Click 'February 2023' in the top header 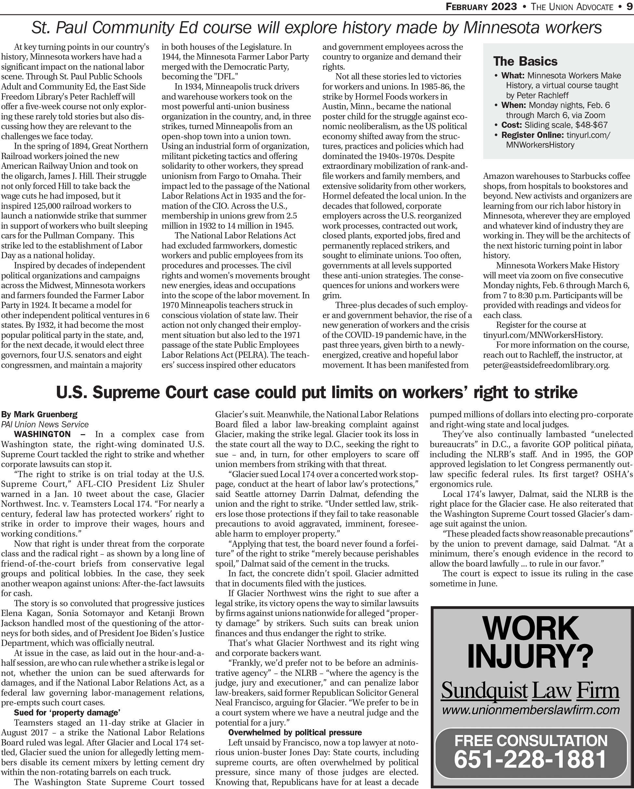481,7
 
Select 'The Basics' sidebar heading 525,61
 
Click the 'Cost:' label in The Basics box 511,125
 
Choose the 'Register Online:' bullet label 532,135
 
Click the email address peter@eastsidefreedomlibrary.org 546,365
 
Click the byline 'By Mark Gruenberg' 40,414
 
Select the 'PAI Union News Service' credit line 45,424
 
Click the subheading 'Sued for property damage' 67,713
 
